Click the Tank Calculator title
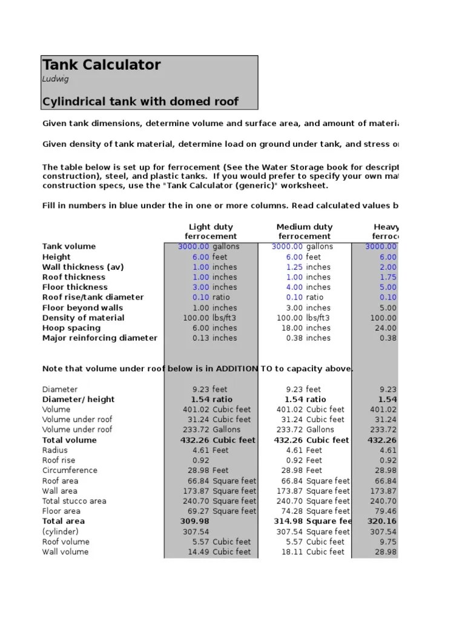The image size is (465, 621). [102, 65]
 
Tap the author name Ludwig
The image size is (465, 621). [55, 79]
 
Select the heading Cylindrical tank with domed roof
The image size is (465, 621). [140, 101]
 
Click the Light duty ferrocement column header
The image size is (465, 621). [211, 231]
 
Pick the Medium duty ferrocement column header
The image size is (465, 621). [304, 231]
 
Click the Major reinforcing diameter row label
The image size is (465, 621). [100, 338]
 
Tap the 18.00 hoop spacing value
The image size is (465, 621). [290, 327]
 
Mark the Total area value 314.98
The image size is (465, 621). [288, 521]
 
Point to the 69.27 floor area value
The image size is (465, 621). [197, 511]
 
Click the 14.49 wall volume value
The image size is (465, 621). [197, 552]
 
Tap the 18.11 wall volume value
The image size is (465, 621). [291, 552]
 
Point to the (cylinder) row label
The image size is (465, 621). [61, 531]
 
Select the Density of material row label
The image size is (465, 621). [83, 318]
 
